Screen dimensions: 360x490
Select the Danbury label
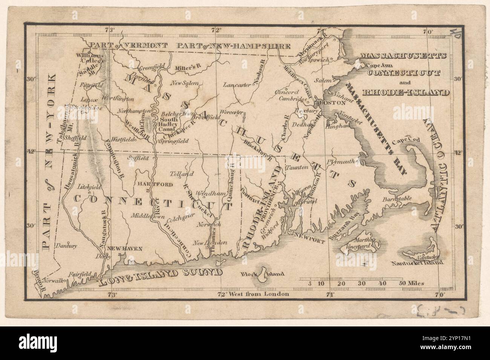66,246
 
